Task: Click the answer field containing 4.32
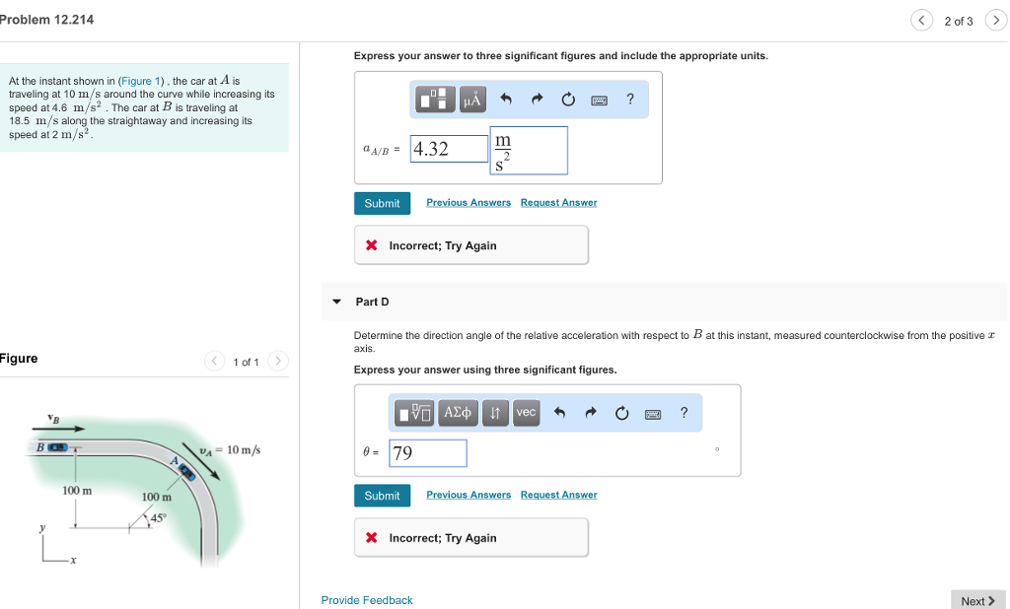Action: (449, 149)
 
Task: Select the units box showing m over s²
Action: (528, 151)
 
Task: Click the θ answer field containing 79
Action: (428, 453)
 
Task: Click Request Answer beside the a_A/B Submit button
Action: (558, 203)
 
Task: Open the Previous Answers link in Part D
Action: (469, 495)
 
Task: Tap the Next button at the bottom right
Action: (977, 600)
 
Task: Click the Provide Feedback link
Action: (367, 600)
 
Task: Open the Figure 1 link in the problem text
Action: (137, 81)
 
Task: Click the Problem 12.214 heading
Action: (47, 20)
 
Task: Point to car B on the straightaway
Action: (59, 447)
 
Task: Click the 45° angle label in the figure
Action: (159, 517)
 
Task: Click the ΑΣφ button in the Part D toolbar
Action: (458, 412)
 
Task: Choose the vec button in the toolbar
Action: (526, 412)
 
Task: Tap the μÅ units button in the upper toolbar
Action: (472, 100)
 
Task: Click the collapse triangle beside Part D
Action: (336, 302)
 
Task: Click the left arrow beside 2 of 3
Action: (921, 21)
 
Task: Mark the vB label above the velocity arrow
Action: (53, 418)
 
